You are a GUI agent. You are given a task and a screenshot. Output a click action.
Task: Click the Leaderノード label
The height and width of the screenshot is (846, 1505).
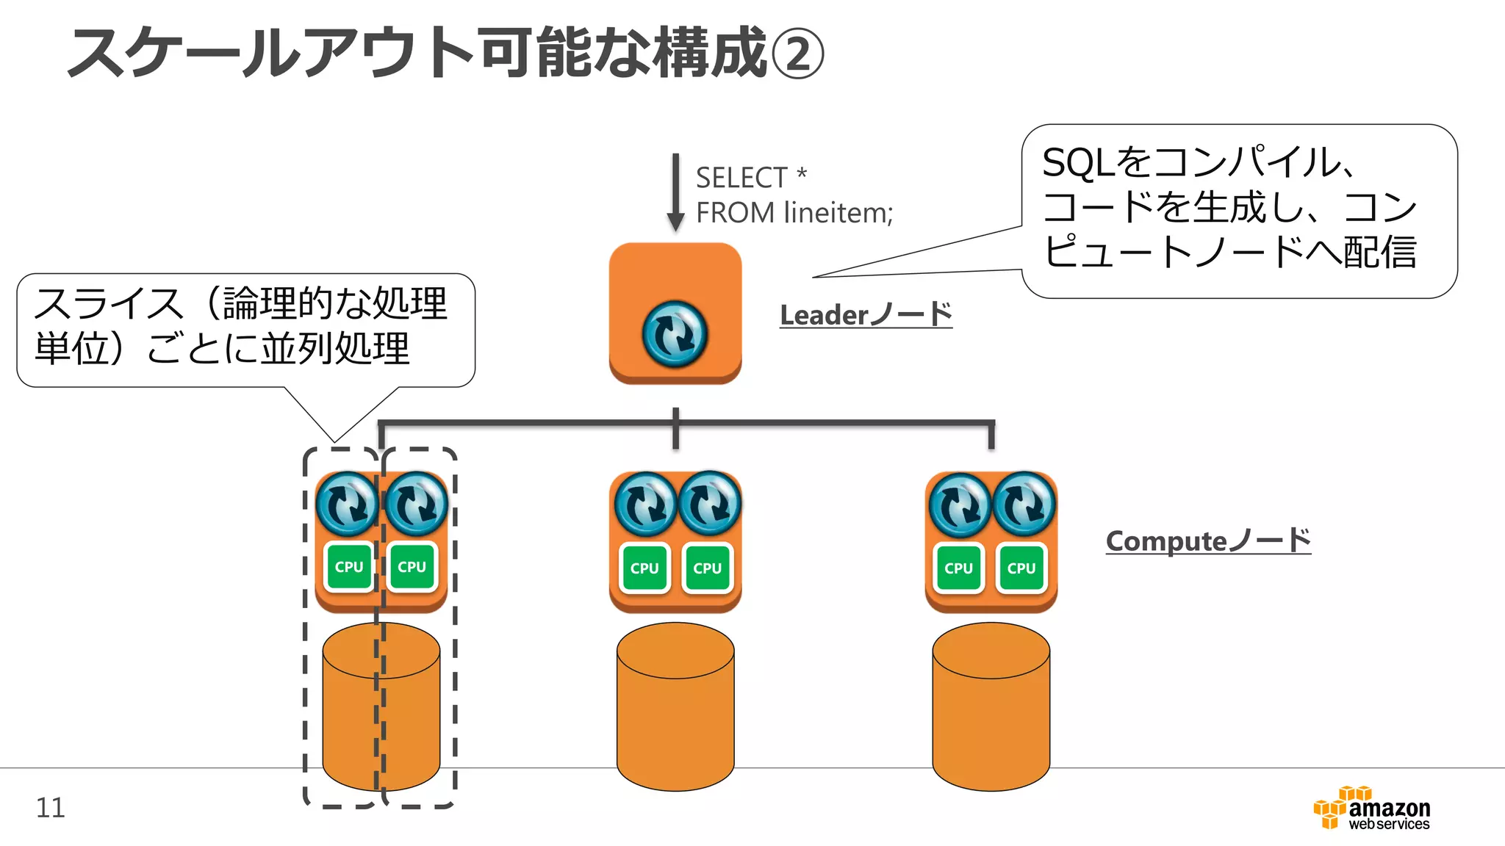(866, 315)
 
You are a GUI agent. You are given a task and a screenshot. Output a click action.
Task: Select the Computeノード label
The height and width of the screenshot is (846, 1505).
(1208, 541)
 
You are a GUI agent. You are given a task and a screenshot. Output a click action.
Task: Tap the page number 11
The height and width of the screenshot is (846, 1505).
(51, 808)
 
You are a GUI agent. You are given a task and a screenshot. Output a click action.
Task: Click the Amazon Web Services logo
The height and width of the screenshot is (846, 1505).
(1371, 808)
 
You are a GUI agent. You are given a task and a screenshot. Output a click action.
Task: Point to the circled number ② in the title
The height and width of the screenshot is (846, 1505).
(797, 54)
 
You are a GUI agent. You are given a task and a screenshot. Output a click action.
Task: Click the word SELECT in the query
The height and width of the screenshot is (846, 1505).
(741, 178)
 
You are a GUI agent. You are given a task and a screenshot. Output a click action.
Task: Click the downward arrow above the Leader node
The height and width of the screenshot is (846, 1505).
(675, 192)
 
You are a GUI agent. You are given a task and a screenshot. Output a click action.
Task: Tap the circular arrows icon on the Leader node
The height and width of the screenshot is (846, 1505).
(675, 334)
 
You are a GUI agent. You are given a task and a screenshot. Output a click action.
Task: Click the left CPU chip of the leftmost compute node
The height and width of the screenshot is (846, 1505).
(349, 567)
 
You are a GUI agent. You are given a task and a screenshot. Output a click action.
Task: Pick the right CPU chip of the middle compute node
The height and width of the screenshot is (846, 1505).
(707, 568)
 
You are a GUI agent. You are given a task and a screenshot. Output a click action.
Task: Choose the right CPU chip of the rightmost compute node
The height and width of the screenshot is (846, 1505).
(1021, 568)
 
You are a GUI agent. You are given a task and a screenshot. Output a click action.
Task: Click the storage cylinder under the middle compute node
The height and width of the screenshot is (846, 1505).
(675, 706)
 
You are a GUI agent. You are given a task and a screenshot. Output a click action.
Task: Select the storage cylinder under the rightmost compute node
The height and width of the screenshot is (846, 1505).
(991, 706)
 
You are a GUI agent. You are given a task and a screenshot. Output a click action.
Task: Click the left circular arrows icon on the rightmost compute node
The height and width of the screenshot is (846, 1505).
(960, 505)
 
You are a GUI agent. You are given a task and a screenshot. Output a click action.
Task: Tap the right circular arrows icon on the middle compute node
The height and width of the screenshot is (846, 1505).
(709, 503)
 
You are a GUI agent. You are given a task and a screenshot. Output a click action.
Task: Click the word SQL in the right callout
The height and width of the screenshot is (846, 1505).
(1078, 162)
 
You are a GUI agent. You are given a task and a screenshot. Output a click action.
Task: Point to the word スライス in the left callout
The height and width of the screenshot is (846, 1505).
(108, 303)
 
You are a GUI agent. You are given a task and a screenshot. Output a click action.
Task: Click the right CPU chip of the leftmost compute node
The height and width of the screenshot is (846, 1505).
(412, 567)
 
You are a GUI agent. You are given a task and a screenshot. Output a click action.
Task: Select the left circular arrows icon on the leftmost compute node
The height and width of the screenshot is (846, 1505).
(348, 504)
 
